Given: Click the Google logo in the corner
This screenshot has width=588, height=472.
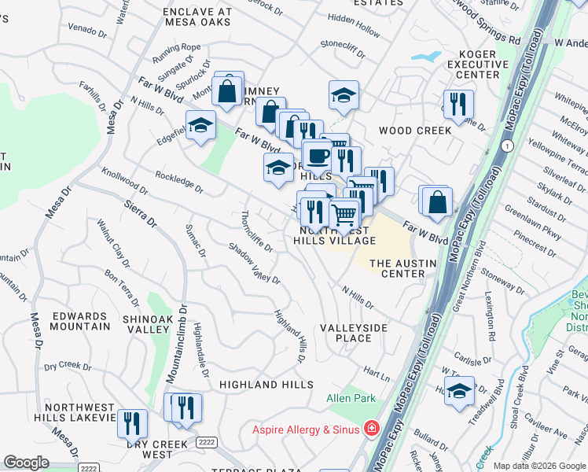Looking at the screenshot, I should tap(27, 463).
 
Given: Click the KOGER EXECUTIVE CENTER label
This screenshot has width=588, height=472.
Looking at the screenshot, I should tap(472, 65).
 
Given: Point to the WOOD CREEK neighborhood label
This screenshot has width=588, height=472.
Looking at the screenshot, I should tap(415, 131).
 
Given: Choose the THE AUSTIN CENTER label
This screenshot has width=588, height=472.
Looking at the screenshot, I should tap(397, 268).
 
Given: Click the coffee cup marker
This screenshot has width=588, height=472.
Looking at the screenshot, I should tap(318, 157).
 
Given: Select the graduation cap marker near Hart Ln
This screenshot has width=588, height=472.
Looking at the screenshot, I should tap(459, 389).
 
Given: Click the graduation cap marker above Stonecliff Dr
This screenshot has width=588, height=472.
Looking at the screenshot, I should tap(344, 95).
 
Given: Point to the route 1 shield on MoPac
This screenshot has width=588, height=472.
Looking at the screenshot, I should tap(508, 146).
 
